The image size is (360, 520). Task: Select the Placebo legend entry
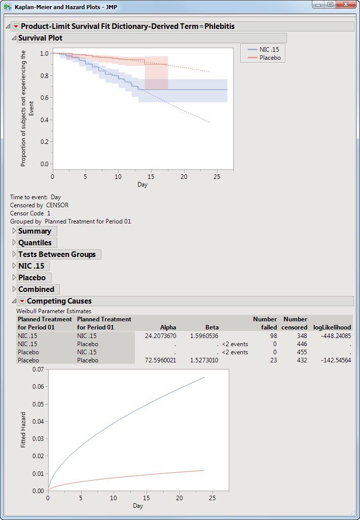coord(270,58)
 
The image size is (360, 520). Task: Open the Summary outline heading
coord(34,231)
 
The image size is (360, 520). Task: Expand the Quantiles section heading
coord(34,243)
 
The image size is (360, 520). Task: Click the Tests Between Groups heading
coord(57,254)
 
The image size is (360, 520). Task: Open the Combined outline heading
coord(36,289)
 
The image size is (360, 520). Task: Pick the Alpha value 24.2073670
coord(159,336)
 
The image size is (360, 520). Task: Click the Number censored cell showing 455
coord(301,352)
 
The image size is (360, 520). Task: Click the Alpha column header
coord(168,327)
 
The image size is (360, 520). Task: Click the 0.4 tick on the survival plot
coord(44,120)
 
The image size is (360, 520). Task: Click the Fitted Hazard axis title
coord(24,436)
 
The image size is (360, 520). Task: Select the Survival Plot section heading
coord(40,38)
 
